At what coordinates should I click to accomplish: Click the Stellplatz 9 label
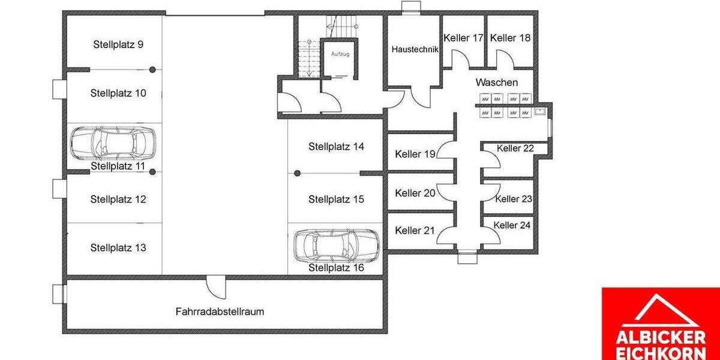[118, 44]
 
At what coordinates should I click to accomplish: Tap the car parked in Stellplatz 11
[112, 142]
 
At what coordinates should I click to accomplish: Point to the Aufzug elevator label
[340, 54]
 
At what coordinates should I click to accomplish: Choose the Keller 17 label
[463, 38]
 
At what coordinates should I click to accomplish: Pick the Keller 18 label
[510, 38]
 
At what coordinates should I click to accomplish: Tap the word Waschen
[496, 82]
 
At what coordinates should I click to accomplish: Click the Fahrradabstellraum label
[220, 311]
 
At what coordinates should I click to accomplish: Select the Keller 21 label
[415, 230]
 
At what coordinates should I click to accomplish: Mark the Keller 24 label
[512, 225]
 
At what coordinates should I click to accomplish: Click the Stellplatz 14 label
[336, 146]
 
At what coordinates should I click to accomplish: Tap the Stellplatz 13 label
[118, 247]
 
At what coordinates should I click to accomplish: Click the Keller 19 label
[415, 154]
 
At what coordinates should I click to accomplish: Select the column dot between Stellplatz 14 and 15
[297, 173]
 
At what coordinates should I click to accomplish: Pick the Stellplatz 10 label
[118, 93]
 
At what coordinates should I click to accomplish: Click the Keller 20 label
[415, 193]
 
